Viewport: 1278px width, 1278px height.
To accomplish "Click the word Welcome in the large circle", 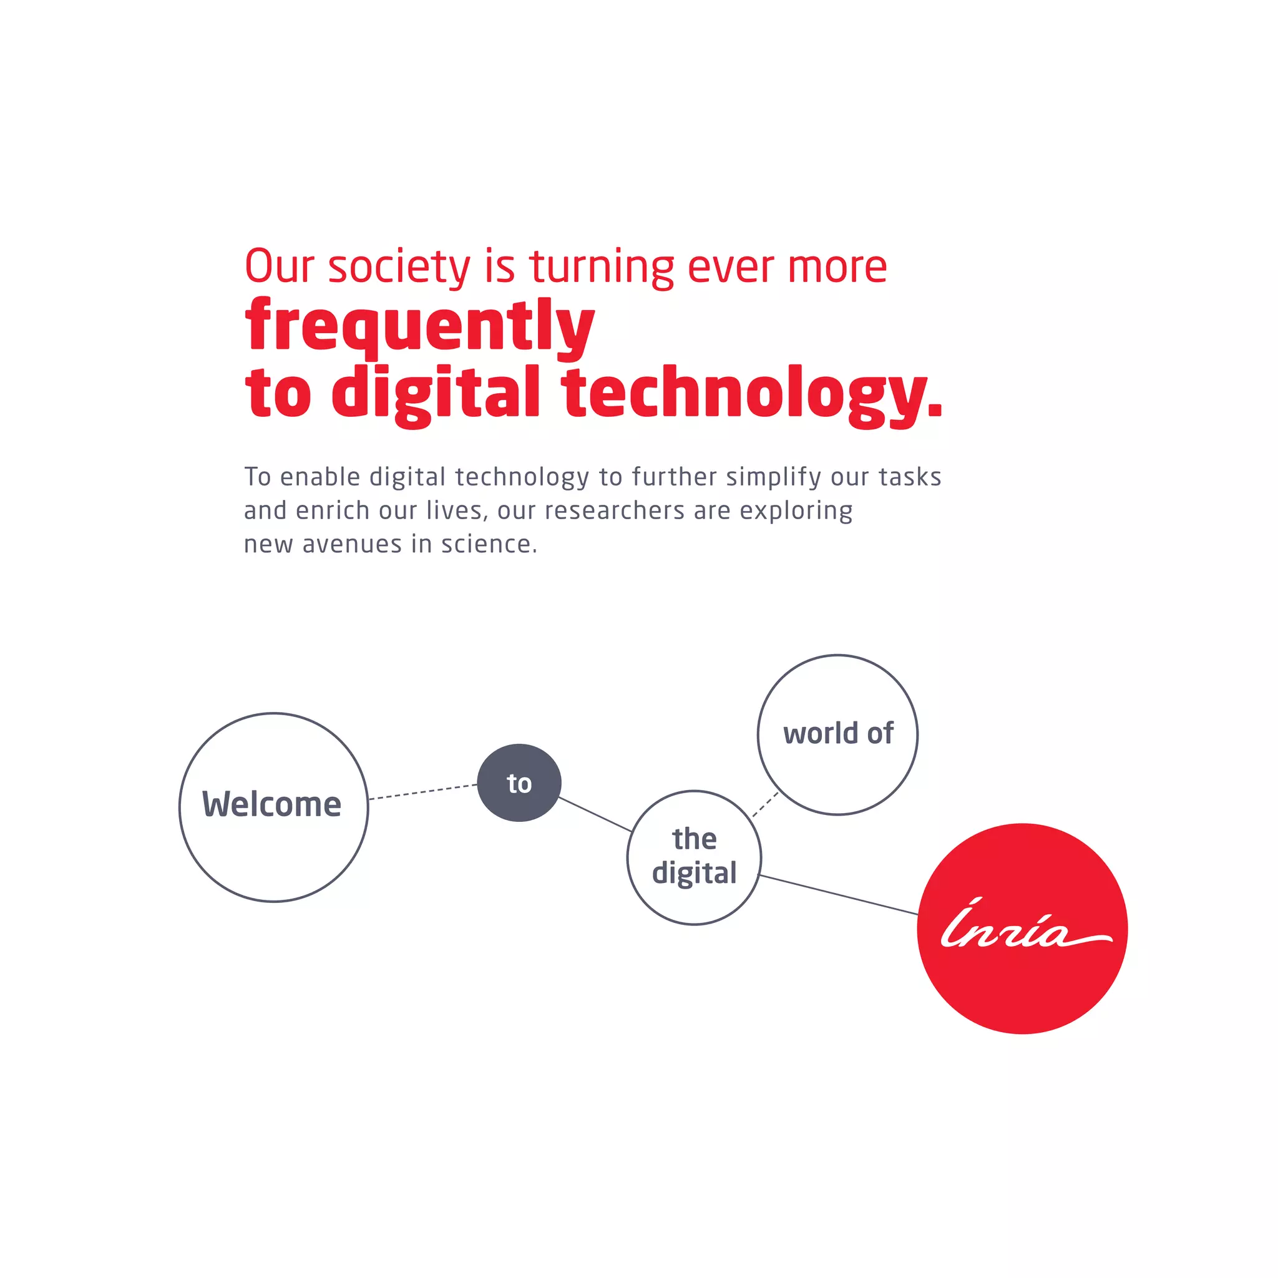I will point(272,804).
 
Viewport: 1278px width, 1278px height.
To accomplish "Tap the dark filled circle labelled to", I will point(519,783).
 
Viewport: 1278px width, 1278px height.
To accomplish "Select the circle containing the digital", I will point(694,857).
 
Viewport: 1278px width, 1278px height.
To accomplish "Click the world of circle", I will point(837,734).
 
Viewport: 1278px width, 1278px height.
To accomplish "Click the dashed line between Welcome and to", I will point(422,792).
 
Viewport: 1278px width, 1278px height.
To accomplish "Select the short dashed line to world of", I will point(765,804).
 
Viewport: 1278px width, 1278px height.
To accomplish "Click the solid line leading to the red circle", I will point(839,895).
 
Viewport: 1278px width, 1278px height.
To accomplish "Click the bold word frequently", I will point(419,326).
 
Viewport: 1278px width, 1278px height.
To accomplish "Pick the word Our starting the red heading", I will point(278,266).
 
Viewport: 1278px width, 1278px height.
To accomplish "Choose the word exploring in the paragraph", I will point(796,510).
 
